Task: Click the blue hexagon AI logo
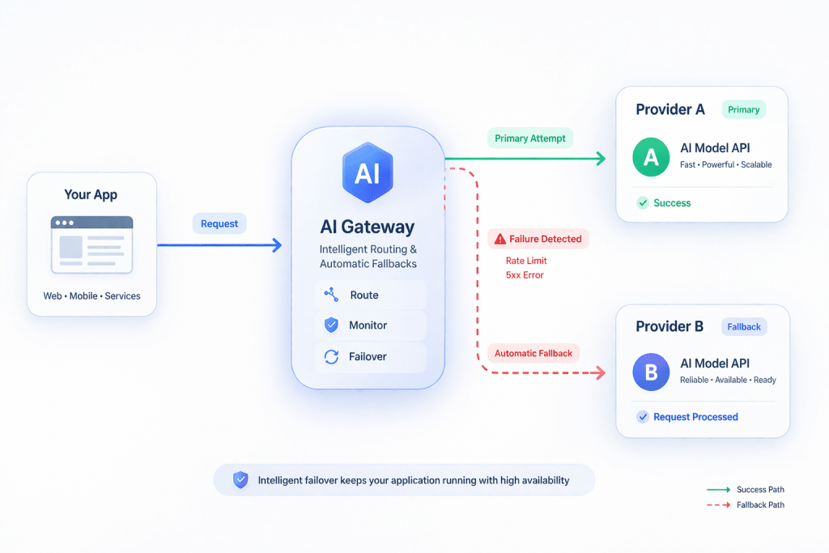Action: pos(368,171)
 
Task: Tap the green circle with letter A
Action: pos(651,157)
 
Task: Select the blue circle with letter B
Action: pos(651,372)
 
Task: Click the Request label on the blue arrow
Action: pos(219,223)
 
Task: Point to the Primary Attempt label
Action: pos(530,138)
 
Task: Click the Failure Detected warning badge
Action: pos(538,239)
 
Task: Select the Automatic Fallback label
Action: pos(534,353)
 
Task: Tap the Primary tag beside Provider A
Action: pos(743,109)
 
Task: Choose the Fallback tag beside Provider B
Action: pos(744,326)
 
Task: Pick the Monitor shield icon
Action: pos(331,325)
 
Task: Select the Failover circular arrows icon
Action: pos(331,356)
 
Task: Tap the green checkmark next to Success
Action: pos(642,203)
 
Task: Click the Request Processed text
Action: pos(695,417)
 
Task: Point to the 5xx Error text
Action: pos(525,275)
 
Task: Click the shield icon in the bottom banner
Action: pos(240,480)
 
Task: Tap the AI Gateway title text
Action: pos(368,228)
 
